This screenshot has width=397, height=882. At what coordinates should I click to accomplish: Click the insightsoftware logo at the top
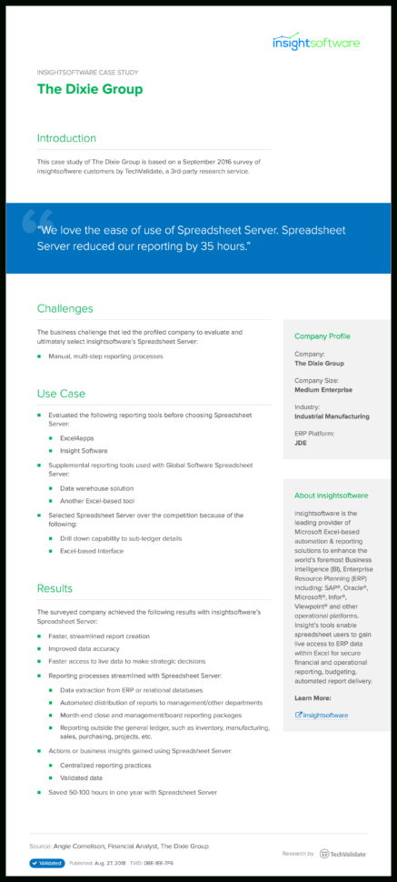coord(316,42)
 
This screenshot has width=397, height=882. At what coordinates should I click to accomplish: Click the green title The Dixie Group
coord(89,90)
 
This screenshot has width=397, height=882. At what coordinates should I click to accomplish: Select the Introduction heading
coord(65,138)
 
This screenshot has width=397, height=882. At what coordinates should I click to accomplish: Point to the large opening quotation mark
coord(36,216)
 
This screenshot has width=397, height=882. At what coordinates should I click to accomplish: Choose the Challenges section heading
coord(65,308)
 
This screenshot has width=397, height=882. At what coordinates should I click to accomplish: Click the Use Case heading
coord(61,394)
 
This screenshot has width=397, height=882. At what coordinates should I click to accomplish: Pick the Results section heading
coord(55,588)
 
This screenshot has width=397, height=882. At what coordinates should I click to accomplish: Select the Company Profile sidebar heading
coord(322,336)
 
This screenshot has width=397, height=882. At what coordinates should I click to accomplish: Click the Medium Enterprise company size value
coord(323,390)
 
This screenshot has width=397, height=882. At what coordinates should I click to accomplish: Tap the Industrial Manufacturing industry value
coord(332,416)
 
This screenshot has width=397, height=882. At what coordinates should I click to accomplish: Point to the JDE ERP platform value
coord(301,443)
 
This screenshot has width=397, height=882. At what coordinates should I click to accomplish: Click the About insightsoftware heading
coord(331,496)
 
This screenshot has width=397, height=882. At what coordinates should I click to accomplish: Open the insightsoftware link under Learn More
coord(325,715)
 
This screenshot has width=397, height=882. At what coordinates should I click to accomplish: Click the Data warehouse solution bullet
coord(95,489)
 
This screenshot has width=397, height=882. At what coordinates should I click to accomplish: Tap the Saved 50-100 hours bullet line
coord(133,792)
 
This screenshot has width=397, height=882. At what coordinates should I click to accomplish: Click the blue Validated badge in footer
coord(46,863)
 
